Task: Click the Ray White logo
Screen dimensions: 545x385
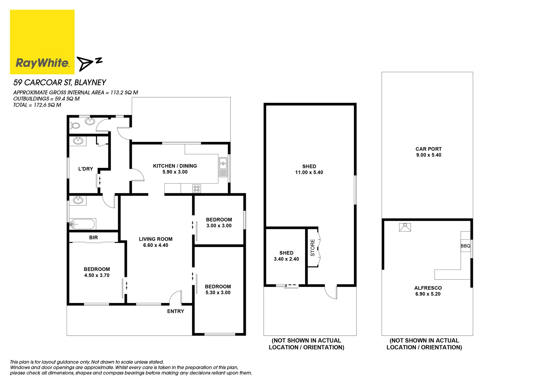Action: point(42,42)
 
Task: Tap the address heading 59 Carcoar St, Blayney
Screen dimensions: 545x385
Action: point(60,83)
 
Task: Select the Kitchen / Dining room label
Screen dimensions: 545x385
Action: point(175,166)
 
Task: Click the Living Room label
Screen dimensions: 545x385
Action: point(156,239)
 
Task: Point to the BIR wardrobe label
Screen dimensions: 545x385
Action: point(93,237)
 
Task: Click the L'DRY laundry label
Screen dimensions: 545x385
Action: point(85,169)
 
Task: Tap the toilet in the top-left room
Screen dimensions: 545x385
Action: point(75,125)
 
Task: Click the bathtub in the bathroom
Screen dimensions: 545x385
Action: point(82,224)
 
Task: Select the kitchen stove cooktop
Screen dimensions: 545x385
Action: point(196,188)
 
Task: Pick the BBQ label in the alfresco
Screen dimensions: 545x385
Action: point(466,246)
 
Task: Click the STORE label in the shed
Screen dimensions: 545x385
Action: point(313,248)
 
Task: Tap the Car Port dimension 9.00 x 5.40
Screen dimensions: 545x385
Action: point(429,155)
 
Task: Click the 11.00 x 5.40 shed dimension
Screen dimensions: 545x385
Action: point(309,172)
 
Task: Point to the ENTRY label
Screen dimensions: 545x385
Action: point(175,311)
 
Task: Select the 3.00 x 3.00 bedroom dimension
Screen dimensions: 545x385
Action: point(219,226)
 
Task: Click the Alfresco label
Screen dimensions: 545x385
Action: point(428,288)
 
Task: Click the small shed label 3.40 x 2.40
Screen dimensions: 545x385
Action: point(286,259)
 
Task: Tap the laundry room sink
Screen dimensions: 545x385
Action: point(78,141)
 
